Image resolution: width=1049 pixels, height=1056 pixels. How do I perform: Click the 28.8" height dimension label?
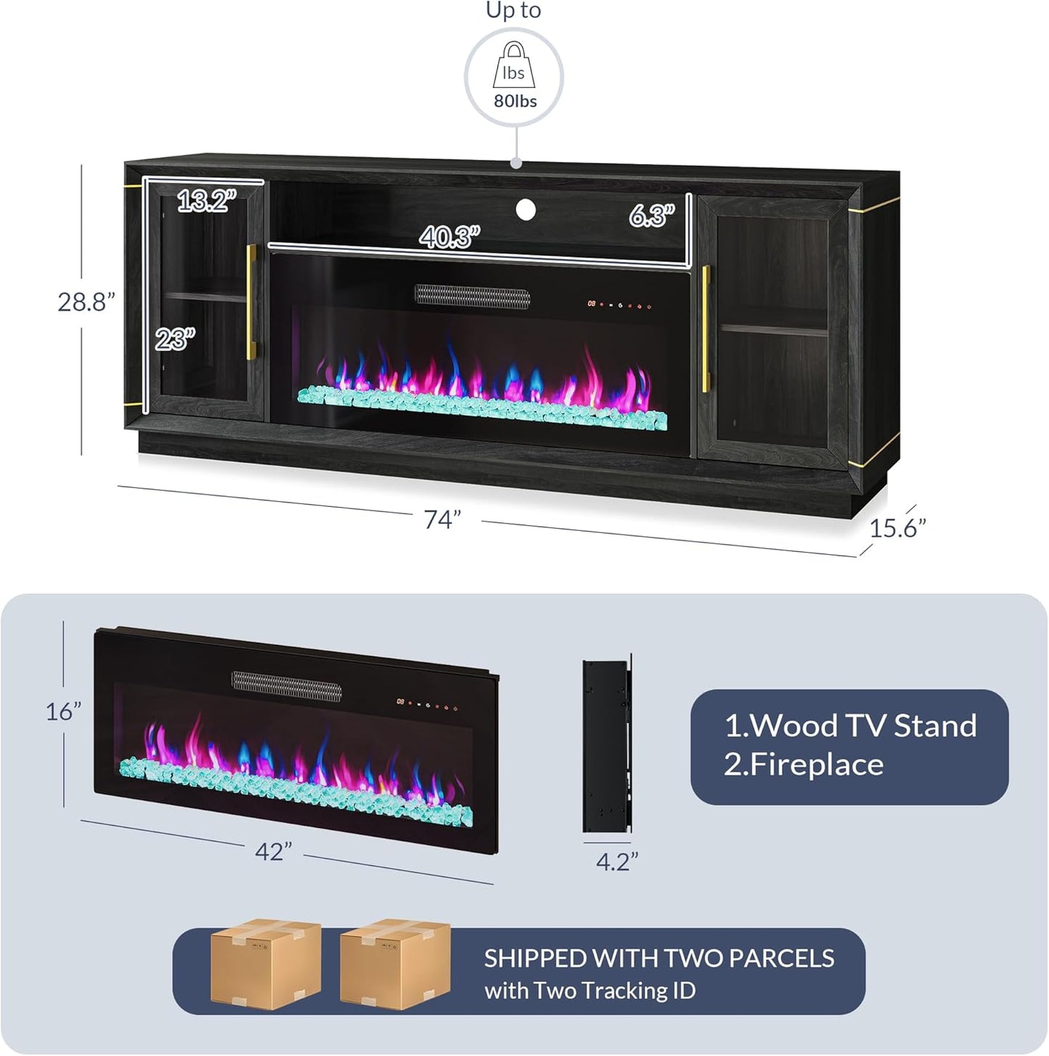86,302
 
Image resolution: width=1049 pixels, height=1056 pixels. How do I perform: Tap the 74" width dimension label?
442,520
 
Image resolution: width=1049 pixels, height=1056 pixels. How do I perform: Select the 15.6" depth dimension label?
897,528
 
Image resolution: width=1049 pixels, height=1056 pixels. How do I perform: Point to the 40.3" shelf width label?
449,237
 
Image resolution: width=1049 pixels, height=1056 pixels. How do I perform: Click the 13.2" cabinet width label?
207,200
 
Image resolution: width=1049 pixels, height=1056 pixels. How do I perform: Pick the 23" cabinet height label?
174,338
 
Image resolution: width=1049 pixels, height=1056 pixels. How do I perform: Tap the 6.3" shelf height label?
651,215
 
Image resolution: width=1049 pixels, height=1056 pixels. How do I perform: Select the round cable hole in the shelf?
526,210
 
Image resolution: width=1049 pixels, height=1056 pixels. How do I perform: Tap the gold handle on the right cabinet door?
705,329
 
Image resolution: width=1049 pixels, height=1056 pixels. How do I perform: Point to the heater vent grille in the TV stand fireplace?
472,296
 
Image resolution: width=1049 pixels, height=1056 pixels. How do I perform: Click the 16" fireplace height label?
63,712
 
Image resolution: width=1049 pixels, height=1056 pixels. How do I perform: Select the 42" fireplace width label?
274,851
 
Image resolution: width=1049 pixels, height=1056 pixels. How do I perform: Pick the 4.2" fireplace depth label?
616,861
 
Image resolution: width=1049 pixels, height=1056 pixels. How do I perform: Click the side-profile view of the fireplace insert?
607,745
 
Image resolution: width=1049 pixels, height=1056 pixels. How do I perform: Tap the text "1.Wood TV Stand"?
850,726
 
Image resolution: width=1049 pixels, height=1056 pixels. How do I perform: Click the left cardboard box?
266,964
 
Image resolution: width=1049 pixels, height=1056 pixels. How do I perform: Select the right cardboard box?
394,964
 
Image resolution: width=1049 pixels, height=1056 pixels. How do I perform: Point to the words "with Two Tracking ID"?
589,991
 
